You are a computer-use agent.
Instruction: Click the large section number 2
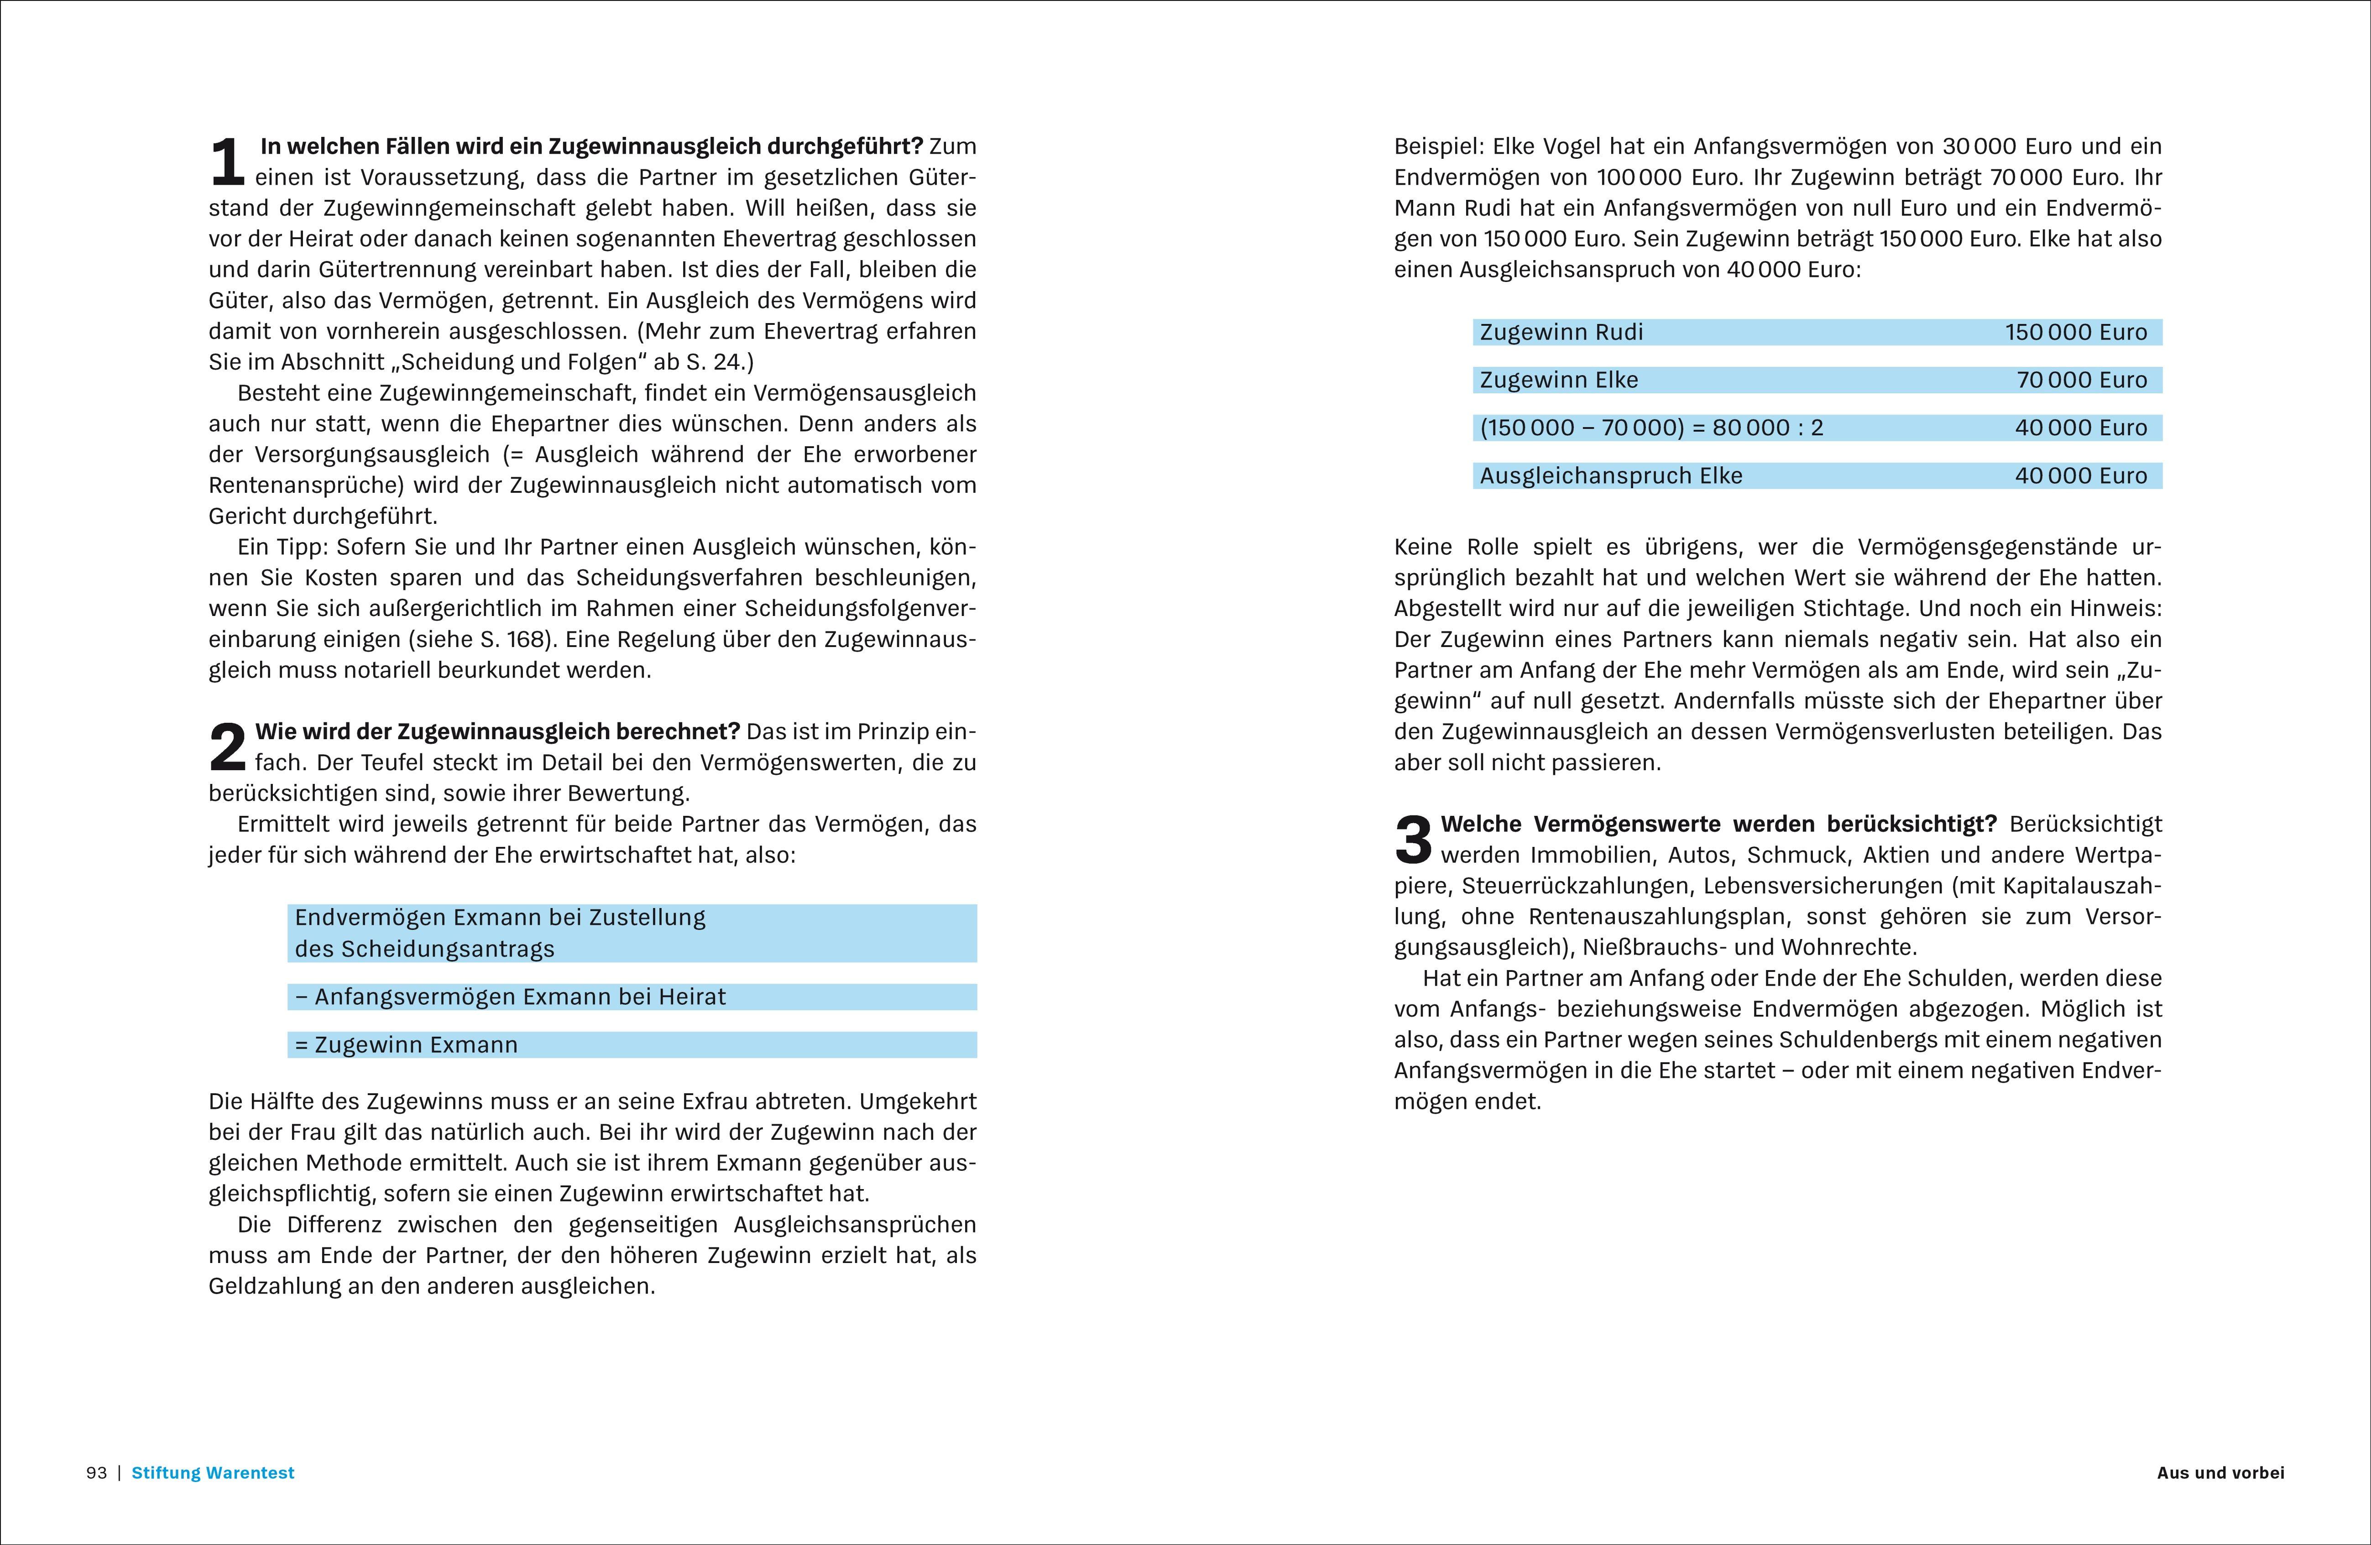pos(227,747)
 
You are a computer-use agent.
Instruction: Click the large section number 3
pos(1413,840)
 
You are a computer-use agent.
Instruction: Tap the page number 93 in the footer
pos(97,1472)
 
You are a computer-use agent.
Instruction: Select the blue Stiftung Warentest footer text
pos(213,1472)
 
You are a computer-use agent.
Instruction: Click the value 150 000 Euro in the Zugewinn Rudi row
pos(2076,332)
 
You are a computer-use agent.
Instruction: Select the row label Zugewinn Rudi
pos(1561,332)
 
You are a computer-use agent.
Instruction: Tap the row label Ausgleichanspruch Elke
pos(1611,475)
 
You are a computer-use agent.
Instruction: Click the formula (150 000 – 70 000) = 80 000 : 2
pos(1651,428)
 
